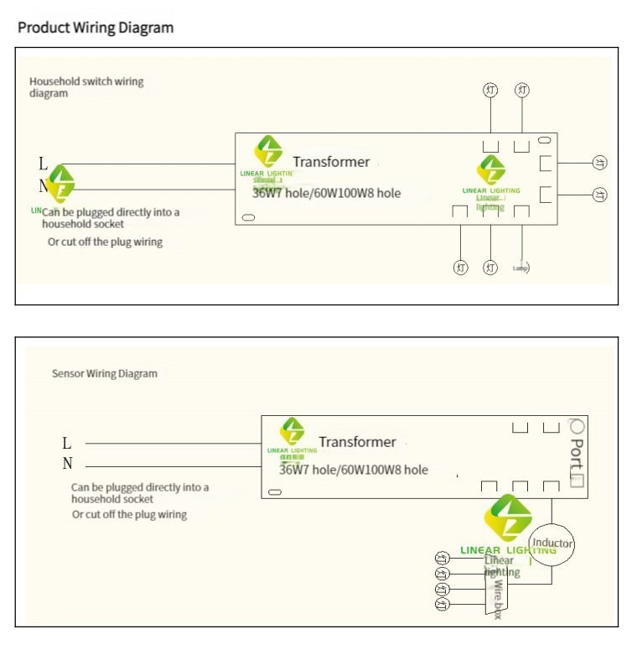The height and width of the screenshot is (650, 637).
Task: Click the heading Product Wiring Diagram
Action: pos(96,28)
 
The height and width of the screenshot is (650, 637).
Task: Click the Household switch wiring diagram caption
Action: pos(86,87)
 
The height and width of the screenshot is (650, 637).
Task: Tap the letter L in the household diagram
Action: pos(44,164)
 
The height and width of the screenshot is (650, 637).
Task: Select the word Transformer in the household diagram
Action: pos(331,161)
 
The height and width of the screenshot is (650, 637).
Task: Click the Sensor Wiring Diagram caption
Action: pos(105,373)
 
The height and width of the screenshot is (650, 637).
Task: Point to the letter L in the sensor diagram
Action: pos(67,443)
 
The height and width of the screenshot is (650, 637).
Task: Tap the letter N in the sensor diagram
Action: pos(67,464)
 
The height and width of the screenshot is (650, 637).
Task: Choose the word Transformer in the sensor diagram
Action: pos(357,441)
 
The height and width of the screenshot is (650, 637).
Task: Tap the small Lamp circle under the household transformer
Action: pos(521,268)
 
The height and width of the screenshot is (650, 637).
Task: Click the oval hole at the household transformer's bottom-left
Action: pos(248,218)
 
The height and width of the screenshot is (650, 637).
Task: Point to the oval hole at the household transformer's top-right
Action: pos(544,140)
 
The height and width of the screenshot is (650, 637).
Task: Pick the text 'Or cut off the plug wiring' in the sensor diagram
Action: pos(129,514)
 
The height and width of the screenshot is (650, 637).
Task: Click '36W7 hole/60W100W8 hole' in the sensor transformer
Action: pos(353,470)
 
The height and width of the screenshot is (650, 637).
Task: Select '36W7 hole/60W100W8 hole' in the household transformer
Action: pos(327,193)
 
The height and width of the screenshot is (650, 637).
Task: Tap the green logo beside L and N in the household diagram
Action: pos(60,184)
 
